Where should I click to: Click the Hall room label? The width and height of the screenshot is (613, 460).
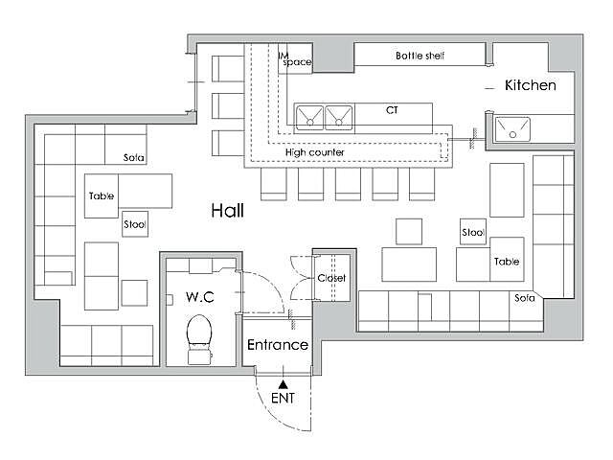(x=228, y=211)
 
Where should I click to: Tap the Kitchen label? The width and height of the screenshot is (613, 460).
(x=530, y=85)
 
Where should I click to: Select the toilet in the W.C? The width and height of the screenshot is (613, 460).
(x=199, y=339)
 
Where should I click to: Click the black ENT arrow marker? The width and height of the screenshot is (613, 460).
(x=284, y=384)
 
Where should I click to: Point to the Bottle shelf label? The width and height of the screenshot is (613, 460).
(x=420, y=56)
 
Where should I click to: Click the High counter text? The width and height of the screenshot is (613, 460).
(x=315, y=152)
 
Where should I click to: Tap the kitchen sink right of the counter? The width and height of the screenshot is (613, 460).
(x=512, y=129)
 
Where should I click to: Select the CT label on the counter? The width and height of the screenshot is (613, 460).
(x=392, y=110)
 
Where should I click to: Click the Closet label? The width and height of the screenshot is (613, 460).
(x=331, y=278)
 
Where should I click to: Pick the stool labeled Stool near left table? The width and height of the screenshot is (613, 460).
(x=135, y=224)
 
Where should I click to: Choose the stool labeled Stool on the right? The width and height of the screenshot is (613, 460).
(x=473, y=232)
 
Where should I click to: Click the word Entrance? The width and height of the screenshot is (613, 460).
(x=278, y=345)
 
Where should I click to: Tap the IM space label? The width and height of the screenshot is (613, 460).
(x=295, y=59)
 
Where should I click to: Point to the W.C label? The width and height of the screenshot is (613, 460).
(x=200, y=297)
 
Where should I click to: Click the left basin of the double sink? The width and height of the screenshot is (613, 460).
(x=309, y=117)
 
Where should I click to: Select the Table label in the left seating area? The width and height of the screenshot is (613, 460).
(x=102, y=195)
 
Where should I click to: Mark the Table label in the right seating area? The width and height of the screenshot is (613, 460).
(x=507, y=262)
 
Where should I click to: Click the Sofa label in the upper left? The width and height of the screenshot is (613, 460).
(x=134, y=157)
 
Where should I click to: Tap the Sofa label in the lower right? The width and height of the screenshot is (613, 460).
(x=524, y=298)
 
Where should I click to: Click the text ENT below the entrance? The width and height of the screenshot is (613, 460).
(x=283, y=399)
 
